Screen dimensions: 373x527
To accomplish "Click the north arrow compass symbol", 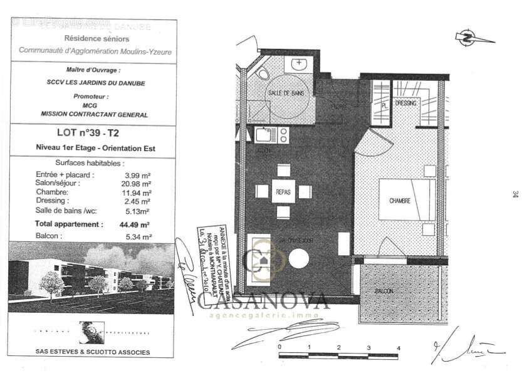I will (x=467, y=38).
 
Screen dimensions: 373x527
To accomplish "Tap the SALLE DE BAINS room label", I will (x=284, y=92).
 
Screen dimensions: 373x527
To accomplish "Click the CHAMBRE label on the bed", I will (x=400, y=201).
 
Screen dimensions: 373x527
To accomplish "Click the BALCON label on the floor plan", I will (x=385, y=292).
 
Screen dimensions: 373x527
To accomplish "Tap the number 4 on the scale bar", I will (x=398, y=347).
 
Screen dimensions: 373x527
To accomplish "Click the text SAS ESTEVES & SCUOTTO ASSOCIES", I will (x=93, y=352).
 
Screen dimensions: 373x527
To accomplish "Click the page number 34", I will (x=514, y=194).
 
